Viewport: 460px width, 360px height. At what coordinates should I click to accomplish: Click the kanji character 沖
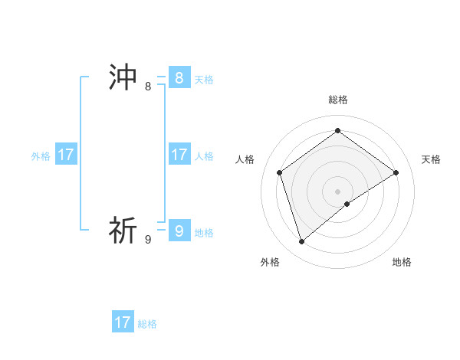point(123,78)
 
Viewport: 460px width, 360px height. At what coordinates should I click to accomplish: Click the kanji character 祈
point(123,231)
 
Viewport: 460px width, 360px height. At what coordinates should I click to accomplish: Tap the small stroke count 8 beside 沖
point(148,87)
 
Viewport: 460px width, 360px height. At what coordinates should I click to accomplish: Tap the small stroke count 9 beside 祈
point(148,240)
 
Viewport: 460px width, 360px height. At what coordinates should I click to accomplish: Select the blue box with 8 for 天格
point(179,78)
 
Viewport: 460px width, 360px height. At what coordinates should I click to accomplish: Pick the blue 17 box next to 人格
point(179,155)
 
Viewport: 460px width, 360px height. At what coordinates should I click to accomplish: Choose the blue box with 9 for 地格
point(179,231)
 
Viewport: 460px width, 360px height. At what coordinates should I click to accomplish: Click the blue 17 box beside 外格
point(66,155)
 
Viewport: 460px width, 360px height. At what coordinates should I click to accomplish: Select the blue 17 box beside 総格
point(123,322)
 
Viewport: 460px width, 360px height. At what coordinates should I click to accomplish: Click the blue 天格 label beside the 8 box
point(204,80)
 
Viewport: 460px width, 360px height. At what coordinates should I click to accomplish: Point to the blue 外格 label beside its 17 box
point(41,156)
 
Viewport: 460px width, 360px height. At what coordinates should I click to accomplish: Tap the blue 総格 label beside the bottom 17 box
point(147,324)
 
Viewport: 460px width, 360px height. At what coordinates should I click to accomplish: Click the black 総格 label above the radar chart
point(338,100)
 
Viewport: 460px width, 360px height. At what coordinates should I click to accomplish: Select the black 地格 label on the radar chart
point(402,263)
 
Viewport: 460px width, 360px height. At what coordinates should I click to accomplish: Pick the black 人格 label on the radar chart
point(245,159)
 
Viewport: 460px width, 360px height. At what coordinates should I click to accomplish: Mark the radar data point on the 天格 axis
point(396,172)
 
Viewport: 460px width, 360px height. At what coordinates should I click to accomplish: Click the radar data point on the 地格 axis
point(347,204)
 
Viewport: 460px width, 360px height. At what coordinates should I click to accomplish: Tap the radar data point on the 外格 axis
point(302,242)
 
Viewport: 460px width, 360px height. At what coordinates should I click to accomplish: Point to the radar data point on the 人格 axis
point(280,172)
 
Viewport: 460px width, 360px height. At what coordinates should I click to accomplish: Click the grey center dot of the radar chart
point(338,191)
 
